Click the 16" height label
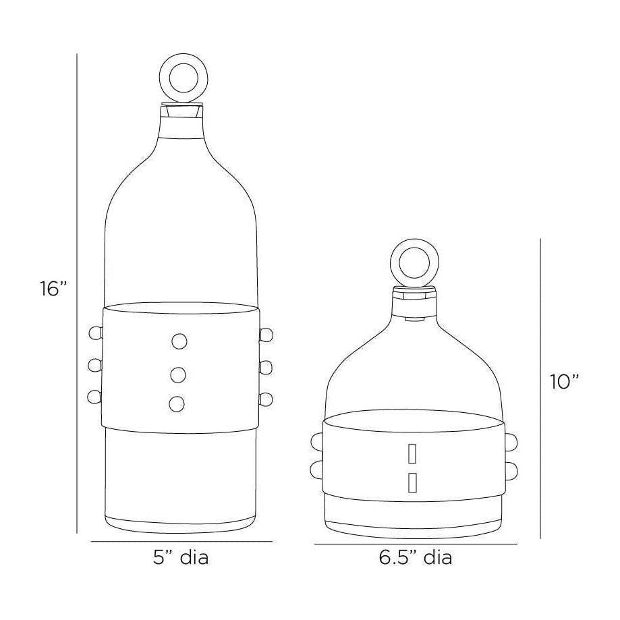click(53, 289)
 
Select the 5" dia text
click(181, 559)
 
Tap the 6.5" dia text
click(415, 559)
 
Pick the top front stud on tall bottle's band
click(179, 342)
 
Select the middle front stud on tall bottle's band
click(178, 373)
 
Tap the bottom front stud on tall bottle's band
click(177, 403)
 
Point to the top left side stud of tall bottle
click(94, 333)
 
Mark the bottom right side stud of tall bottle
click(265, 399)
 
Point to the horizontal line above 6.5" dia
click(415, 544)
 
